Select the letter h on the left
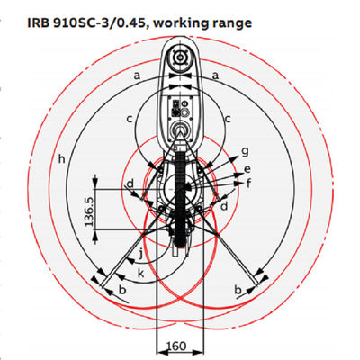point(61,159)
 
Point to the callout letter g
point(245,149)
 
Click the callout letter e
point(247,168)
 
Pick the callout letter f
point(248,182)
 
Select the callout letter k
point(140,273)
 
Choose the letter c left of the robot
point(130,118)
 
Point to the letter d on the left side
point(130,184)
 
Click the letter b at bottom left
point(123,292)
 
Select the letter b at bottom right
point(236,290)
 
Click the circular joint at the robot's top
point(180,58)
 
